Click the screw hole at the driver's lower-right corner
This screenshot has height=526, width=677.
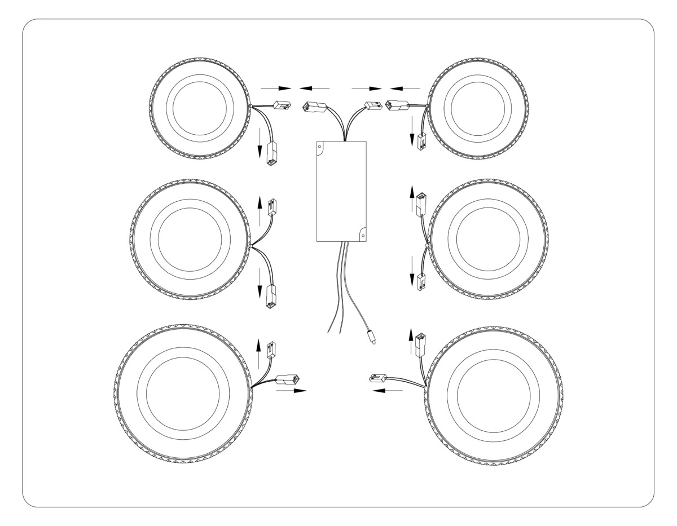(363, 230)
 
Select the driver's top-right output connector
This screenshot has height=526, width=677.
(372, 105)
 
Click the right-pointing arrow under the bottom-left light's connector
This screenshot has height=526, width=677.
(292, 390)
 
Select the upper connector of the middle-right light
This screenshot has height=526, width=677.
(420, 204)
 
